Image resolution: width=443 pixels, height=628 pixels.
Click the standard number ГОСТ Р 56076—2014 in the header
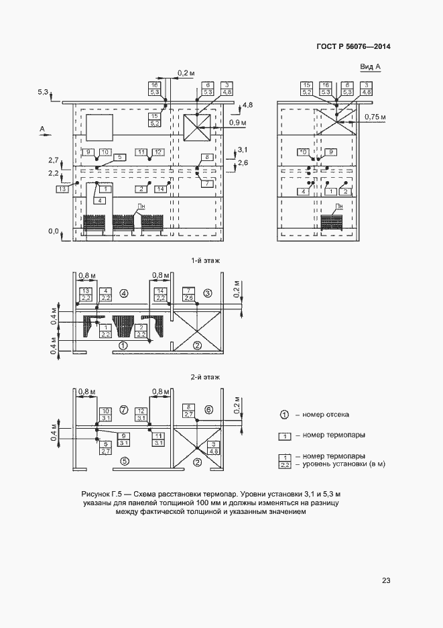(x=353, y=46)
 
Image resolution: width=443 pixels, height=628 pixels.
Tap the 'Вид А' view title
(x=370, y=67)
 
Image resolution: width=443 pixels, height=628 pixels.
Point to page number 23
(x=386, y=580)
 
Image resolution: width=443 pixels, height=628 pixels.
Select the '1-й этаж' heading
(x=206, y=260)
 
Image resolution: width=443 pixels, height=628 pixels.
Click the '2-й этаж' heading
(x=206, y=378)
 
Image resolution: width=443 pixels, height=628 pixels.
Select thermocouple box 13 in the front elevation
(x=63, y=190)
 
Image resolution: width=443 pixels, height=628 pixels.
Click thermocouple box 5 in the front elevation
(x=119, y=157)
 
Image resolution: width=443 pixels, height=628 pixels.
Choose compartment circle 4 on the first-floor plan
(x=123, y=293)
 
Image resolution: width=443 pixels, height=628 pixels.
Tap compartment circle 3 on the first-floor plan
(x=208, y=293)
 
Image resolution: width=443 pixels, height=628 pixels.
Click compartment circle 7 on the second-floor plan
(x=123, y=409)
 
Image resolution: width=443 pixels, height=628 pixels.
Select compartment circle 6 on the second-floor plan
(x=208, y=409)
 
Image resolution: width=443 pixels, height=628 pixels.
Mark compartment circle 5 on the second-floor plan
(x=123, y=460)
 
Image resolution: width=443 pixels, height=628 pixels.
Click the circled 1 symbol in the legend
(x=284, y=415)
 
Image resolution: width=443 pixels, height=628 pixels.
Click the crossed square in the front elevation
(x=198, y=127)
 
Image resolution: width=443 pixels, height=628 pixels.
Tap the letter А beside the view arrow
(x=42, y=127)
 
